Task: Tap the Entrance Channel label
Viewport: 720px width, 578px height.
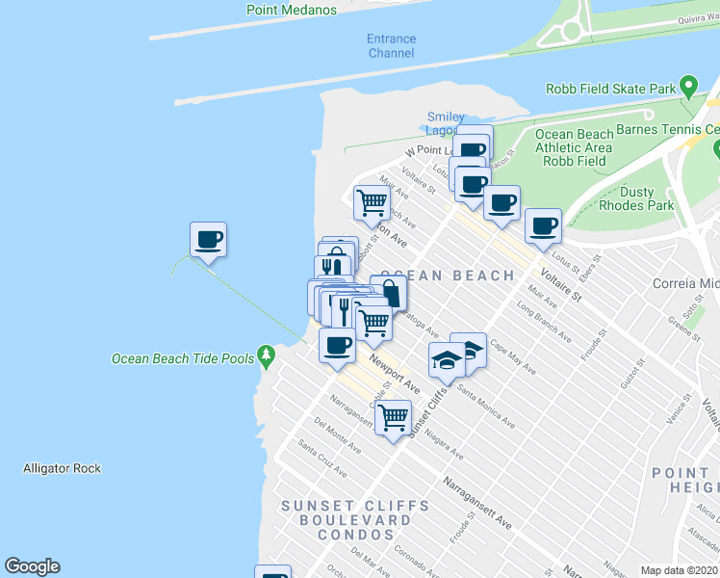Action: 392,45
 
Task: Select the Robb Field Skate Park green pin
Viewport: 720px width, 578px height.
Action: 688,87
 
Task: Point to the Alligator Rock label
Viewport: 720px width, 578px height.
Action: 62,469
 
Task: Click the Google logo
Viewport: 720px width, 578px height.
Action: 32,566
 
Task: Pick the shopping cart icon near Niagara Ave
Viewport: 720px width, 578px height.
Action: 393,417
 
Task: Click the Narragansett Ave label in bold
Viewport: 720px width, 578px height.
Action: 476,501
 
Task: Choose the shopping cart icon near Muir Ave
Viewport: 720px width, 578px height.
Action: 372,201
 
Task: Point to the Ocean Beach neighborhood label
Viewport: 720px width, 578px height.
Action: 448,276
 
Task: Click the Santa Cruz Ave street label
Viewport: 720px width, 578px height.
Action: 321,459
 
